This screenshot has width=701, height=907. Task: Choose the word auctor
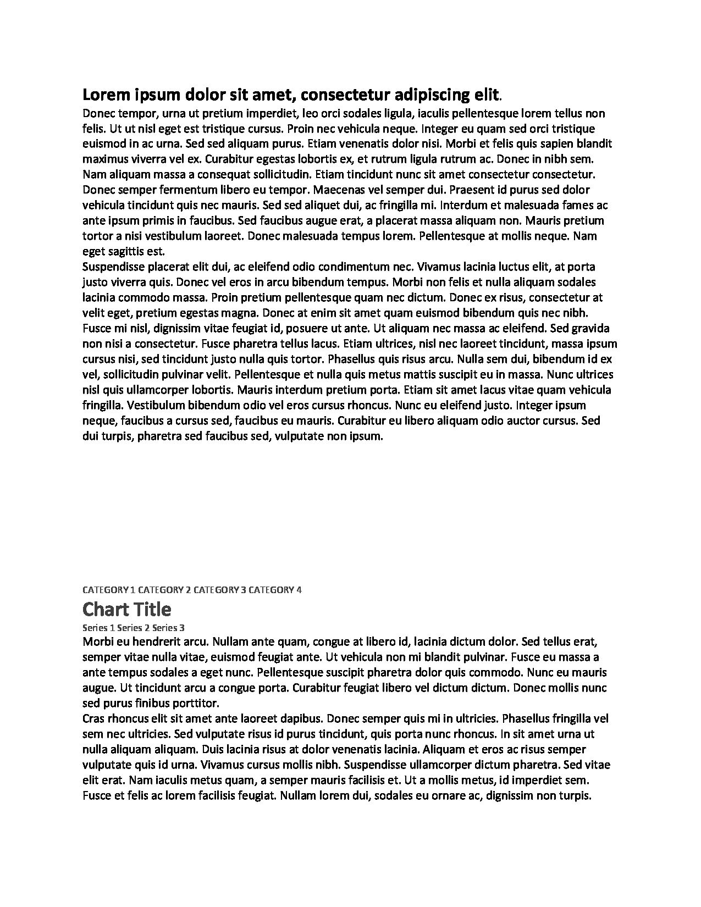tap(524, 421)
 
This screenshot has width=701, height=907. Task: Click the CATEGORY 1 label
tap(108, 590)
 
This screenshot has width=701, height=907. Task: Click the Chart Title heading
tap(126, 609)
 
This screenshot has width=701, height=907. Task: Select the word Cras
tap(93, 718)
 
